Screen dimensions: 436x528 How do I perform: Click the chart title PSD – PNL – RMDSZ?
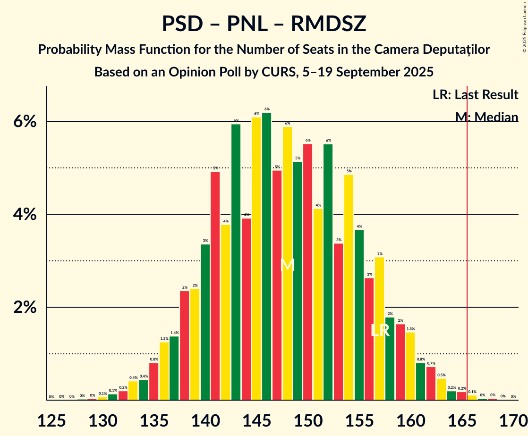(x=264, y=24)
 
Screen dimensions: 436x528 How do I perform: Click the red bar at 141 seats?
(x=215, y=286)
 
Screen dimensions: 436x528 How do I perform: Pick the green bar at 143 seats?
(x=236, y=262)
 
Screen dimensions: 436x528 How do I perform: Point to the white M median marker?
(x=287, y=265)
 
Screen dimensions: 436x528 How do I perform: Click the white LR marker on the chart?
(x=380, y=330)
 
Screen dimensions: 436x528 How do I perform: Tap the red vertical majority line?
(x=468, y=236)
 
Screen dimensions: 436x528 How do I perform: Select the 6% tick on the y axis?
(x=25, y=122)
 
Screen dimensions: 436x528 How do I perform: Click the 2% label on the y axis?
(x=25, y=308)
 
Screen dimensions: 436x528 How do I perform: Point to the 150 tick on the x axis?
(x=307, y=419)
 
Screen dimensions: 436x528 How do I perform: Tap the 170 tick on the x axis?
(x=512, y=419)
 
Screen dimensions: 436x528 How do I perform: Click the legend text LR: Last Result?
(x=475, y=95)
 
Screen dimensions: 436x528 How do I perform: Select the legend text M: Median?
(x=486, y=117)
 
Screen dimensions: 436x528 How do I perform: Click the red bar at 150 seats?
(x=307, y=272)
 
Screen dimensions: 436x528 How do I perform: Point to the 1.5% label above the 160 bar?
(x=410, y=329)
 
